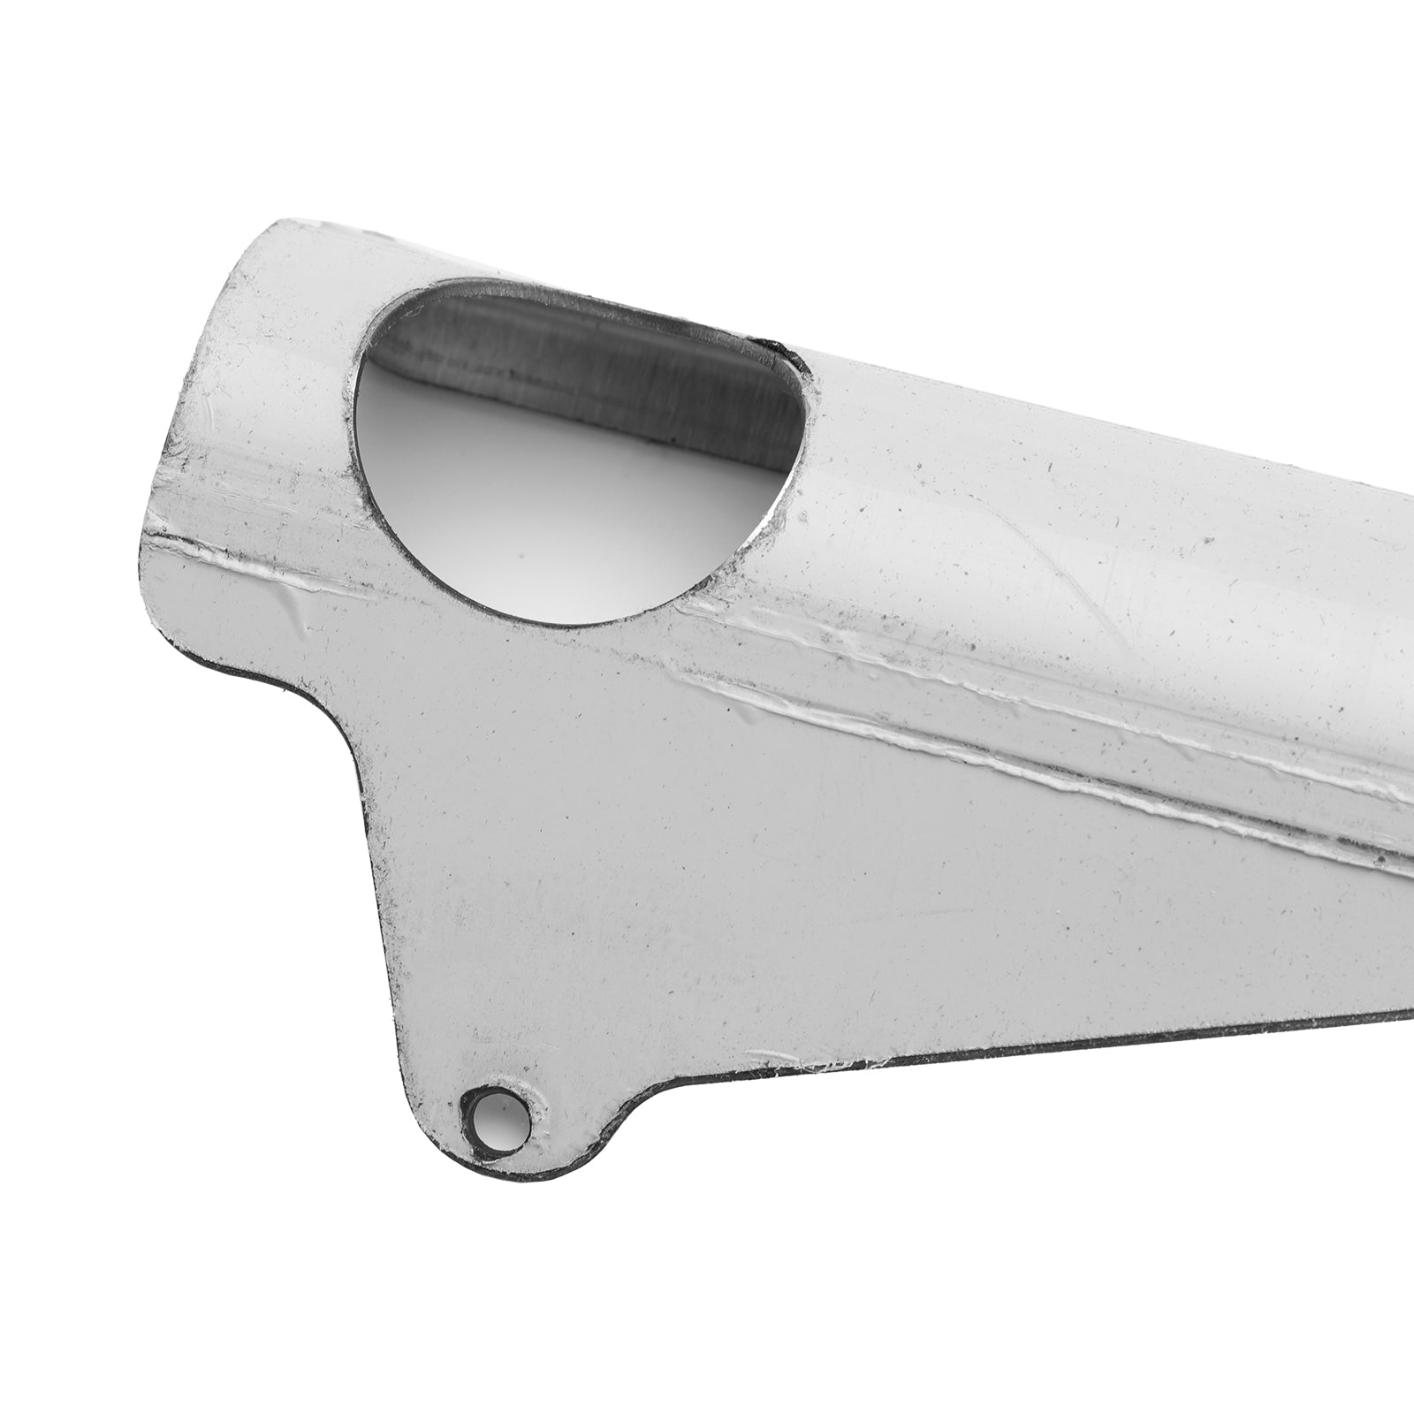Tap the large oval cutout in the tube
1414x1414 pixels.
[x=574, y=451]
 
